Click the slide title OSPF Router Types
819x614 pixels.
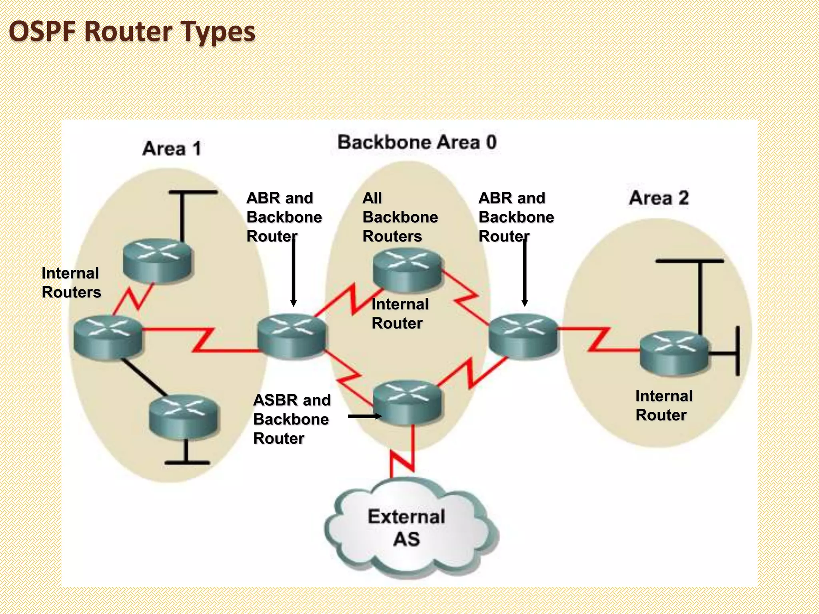coord(132,32)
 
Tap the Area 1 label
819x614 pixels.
coord(172,149)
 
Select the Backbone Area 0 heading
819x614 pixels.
coord(417,142)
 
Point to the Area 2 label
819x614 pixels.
coord(659,198)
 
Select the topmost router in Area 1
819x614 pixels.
coord(157,260)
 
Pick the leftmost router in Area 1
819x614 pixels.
coord(108,337)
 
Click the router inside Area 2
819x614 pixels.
coord(674,352)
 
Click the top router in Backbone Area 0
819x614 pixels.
coord(407,269)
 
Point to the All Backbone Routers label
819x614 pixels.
coord(400,217)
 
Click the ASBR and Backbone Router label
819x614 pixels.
coord(292,419)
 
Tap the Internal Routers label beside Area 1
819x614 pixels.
coord(71,283)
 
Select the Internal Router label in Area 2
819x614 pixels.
coord(663,405)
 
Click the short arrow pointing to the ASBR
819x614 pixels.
coord(364,416)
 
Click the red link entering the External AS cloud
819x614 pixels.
coord(402,456)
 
